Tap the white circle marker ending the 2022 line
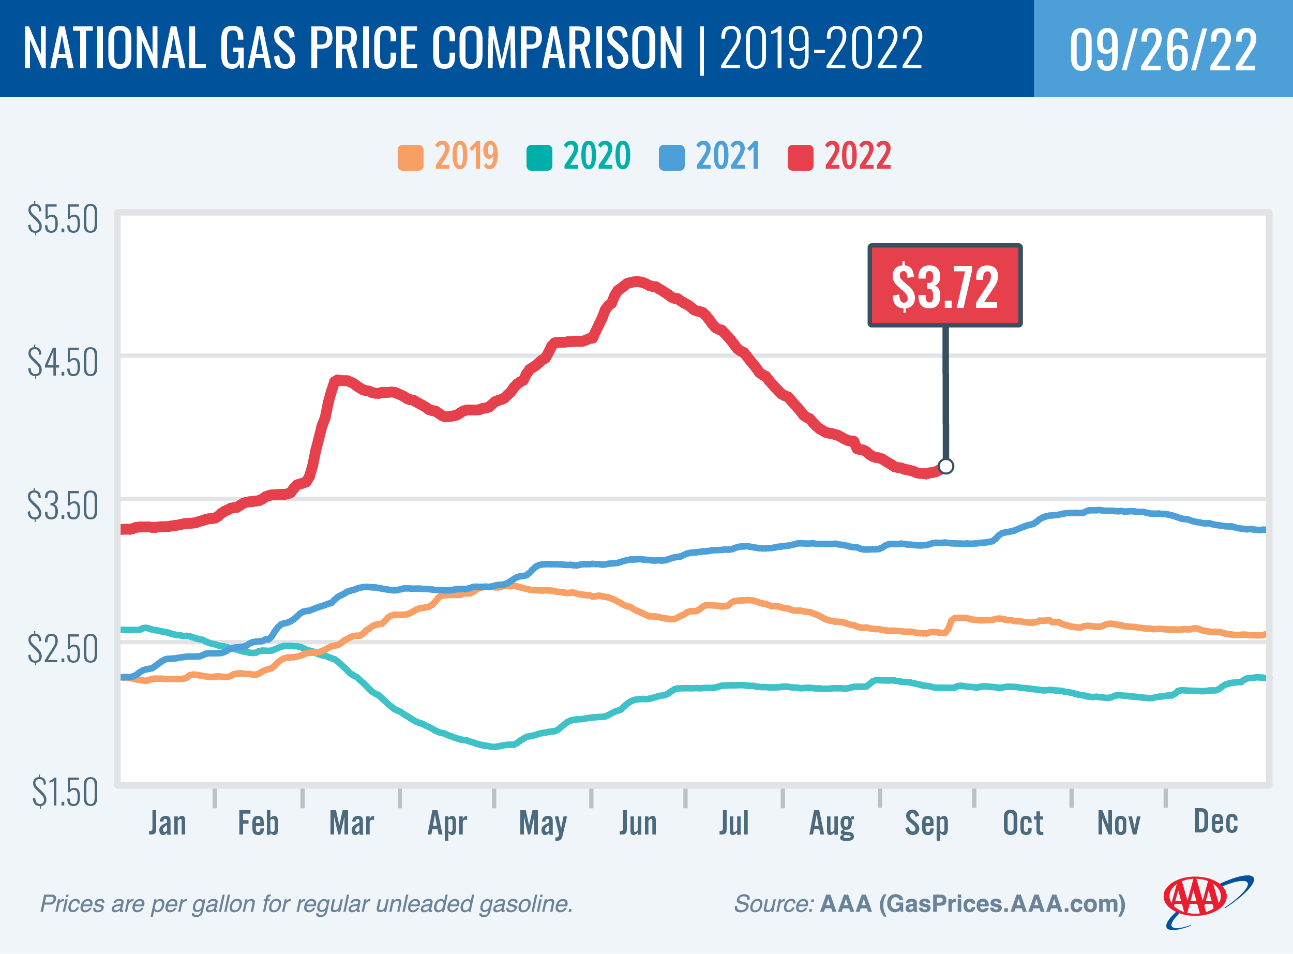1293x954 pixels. [x=946, y=466]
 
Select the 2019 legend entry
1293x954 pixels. [x=448, y=156]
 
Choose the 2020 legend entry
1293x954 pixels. [x=578, y=156]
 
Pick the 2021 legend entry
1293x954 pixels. [x=710, y=156]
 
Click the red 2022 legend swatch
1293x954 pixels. [x=800, y=158]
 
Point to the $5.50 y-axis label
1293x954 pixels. [x=63, y=219]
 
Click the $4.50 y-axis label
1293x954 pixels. [x=63, y=363]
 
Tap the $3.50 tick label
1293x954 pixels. [x=63, y=506]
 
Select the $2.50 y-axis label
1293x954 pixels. [x=63, y=649]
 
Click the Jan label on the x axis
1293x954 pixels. [x=168, y=823]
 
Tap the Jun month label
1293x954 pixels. [x=638, y=823]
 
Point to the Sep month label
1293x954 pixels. [x=926, y=823]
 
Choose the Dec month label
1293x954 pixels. [x=1215, y=821]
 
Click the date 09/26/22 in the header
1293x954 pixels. [x=1163, y=50]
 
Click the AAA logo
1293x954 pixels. [x=1207, y=902]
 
